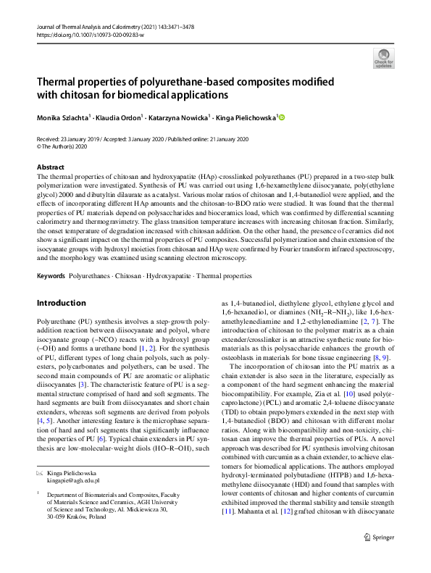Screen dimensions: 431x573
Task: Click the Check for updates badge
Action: click(x=383, y=57)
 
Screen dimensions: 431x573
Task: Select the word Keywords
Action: click(x=51, y=277)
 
